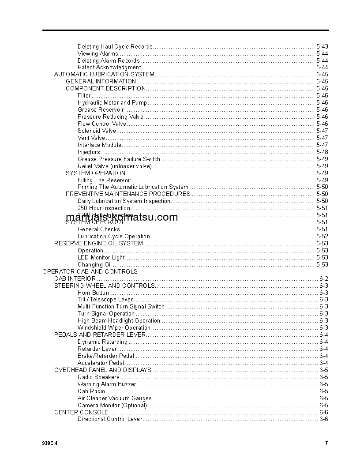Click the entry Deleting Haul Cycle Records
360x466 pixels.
(x=115, y=46)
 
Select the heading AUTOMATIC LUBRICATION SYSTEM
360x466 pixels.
(x=104, y=75)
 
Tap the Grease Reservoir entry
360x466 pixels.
(x=101, y=110)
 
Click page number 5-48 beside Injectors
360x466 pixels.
(x=322, y=152)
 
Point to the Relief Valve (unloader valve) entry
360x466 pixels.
(x=114, y=166)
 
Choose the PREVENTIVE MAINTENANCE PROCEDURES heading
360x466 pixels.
(x=128, y=194)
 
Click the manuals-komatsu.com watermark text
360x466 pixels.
(x=122, y=217)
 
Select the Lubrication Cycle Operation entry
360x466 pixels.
(x=114, y=237)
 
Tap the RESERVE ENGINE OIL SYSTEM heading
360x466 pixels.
(x=98, y=244)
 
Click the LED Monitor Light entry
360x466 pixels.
(x=101, y=258)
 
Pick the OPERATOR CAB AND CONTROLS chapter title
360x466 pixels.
(x=90, y=272)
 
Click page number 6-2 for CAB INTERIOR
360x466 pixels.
(x=323, y=279)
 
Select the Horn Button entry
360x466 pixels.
(x=93, y=293)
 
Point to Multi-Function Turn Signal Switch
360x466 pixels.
(x=121, y=307)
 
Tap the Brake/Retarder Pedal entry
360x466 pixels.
(x=106, y=356)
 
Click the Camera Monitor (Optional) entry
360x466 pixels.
(x=112, y=406)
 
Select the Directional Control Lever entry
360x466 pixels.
(x=110, y=419)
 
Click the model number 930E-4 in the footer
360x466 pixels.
(x=50, y=443)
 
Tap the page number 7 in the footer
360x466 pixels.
(x=326, y=443)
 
